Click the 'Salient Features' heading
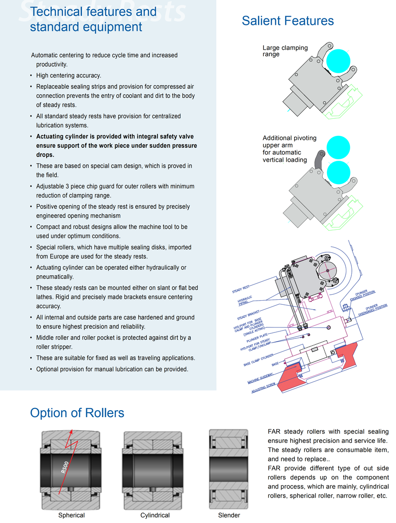coord(288,21)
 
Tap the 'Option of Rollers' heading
coord(77,413)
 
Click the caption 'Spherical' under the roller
coord(71,515)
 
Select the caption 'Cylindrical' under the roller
coord(155,515)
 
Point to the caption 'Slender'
coord(229,515)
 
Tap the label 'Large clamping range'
coord(285,51)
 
